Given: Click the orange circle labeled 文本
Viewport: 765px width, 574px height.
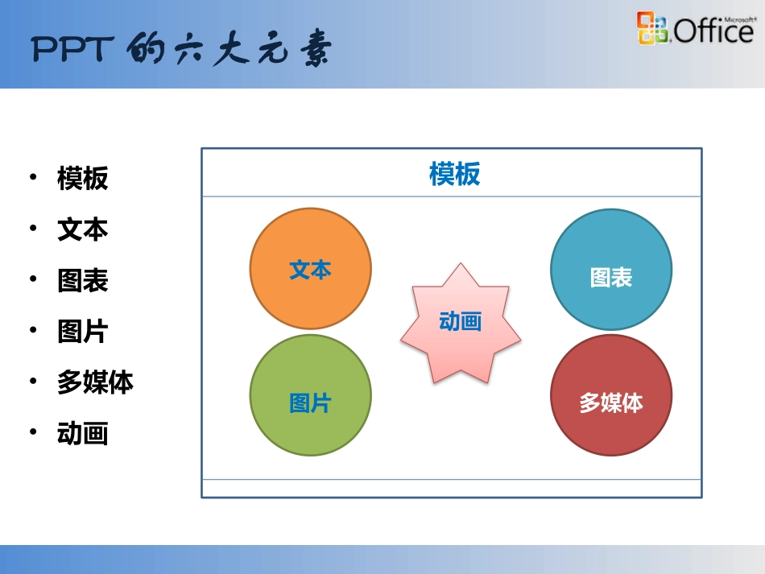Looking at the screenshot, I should (310, 268).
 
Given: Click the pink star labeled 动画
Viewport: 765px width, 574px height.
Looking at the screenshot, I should (461, 323).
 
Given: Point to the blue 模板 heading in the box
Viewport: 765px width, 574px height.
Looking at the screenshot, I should (454, 174).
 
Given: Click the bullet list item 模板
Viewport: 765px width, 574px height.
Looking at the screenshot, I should (82, 179).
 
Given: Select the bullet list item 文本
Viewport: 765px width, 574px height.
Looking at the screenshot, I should (82, 229).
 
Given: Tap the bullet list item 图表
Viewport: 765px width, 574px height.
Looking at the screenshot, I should (82, 281).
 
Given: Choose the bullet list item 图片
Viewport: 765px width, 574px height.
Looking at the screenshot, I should (82, 332).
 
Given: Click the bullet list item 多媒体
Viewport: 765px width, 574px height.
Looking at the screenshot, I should (95, 382).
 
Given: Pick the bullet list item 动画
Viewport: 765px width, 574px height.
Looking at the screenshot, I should (82, 434).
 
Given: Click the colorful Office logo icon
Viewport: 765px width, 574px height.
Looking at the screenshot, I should (652, 28).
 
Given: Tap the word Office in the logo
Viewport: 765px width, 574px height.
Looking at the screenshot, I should (713, 32).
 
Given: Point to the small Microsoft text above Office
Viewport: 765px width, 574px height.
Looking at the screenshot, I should (739, 17).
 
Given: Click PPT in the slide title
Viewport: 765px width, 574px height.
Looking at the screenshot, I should (70, 51).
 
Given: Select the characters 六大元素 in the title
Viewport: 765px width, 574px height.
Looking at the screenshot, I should (257, 51).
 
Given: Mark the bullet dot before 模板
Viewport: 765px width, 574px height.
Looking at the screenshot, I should (33, 176).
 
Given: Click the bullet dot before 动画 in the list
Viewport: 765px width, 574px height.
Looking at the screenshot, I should (33, 432).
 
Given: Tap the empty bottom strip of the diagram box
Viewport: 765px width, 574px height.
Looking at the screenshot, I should (451, 488).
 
